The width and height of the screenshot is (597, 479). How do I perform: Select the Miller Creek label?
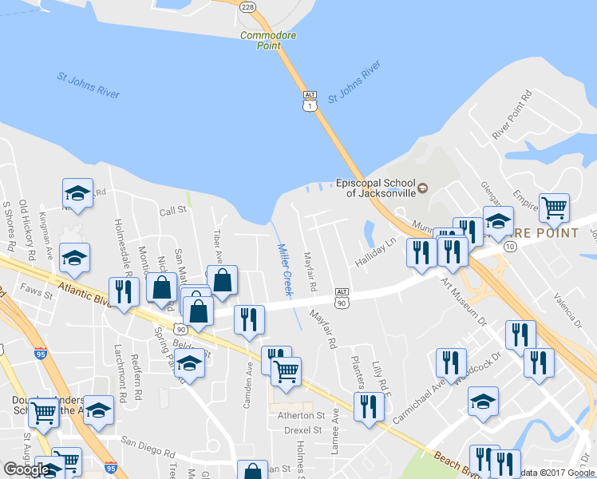[285, 270]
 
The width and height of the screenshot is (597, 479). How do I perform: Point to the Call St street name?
[172, 211]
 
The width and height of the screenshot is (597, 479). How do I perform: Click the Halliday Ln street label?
[375, 252]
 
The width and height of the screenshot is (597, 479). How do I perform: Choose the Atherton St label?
[301, 415]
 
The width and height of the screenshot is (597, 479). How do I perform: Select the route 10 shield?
[508, 248]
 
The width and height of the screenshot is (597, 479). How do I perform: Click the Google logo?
[27, 469]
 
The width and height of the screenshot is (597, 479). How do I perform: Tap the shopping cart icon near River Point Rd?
[554, 208]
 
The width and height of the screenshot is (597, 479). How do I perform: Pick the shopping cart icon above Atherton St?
[286, 370]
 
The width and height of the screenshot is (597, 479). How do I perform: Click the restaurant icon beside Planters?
[369, 406]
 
